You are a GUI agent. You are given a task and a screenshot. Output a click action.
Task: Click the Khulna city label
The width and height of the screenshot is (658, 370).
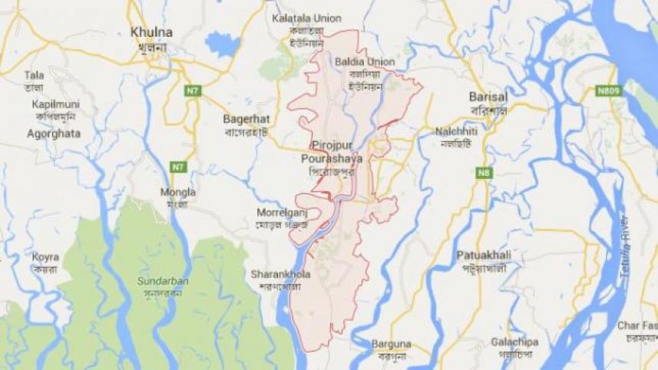click(x=151, y=33)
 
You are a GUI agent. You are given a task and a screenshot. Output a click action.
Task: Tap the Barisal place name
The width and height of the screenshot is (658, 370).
click(x=488, y=97)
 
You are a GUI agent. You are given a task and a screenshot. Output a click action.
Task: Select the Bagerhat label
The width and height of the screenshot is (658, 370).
click(x=243, y=120)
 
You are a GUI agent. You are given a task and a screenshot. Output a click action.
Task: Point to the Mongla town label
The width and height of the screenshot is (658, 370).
click(x=179, y=192)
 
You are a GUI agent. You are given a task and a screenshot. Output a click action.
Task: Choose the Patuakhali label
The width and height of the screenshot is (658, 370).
click(x=482, y=254)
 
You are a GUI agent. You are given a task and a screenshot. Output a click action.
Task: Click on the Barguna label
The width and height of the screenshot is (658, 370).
click(x=392, y=344)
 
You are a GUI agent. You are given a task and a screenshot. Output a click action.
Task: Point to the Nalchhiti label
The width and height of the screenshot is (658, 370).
click(x=457, y=131)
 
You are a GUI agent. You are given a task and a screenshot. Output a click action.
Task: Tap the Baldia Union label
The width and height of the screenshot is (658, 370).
click(x=365, y=61)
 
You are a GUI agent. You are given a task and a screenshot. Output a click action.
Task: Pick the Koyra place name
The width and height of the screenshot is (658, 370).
click(x=45, y=256)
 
